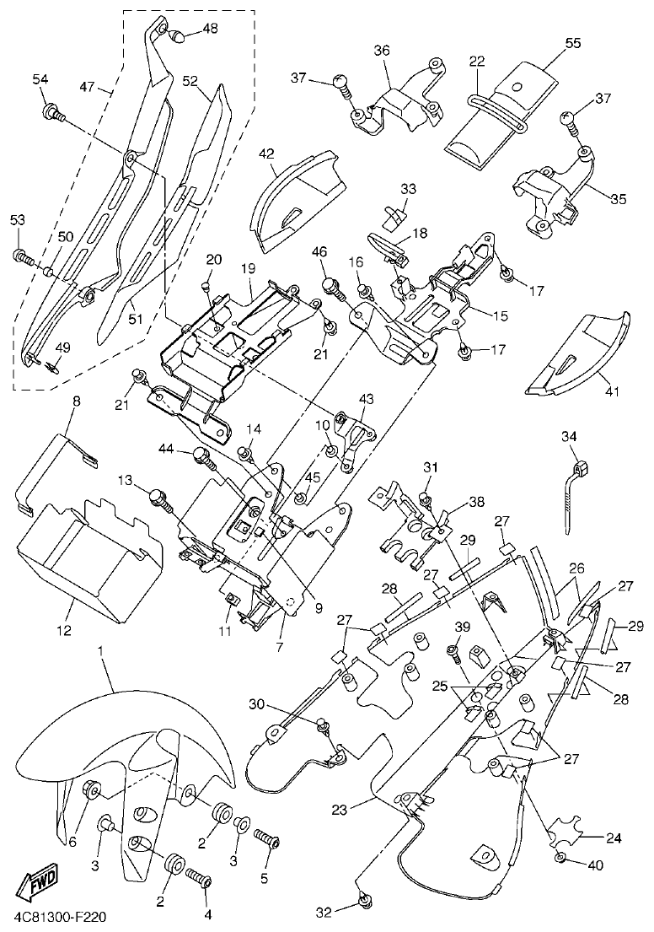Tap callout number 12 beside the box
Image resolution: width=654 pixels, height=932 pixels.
(x=64, y=629)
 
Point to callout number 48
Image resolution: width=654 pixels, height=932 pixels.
(x=209, y=29)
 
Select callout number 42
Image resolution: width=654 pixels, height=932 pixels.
(x=266, y=154)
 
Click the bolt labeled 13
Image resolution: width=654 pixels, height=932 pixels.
(x=158, y=497)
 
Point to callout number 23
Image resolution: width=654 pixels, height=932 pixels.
(x=339, y=810)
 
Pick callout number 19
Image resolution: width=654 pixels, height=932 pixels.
(x=248, y=268)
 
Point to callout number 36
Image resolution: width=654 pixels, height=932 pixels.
(x=382, y=51)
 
